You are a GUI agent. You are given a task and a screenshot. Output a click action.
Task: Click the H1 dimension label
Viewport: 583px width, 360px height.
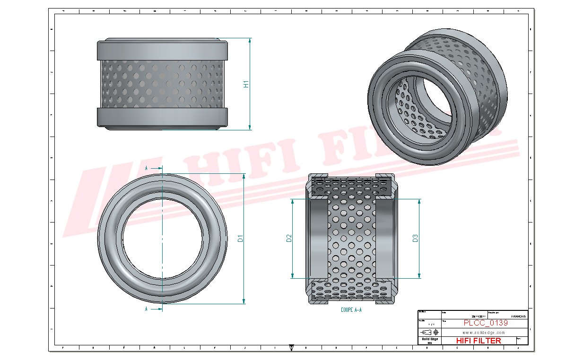click(x=246, y=84)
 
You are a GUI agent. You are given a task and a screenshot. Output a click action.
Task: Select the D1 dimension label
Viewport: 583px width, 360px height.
click(x=240, y=238)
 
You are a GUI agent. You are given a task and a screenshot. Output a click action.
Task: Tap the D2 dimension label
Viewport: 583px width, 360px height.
click(x=289, y=239)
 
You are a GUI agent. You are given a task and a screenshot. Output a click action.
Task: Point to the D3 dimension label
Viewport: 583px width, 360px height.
click(x=415, y=239)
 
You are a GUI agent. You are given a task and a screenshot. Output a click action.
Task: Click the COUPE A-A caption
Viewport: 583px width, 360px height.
click(x=351, y=310)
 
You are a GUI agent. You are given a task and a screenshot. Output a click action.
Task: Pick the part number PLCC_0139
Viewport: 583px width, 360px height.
click(x=485, y=323)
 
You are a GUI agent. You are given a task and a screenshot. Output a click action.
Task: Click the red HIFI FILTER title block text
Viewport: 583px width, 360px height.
click(x=478, y=341)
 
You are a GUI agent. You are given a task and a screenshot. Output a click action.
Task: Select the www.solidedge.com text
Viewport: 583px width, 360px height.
click(x=484, y=332)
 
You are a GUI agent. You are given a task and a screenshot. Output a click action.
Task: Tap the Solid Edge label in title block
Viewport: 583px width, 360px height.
click(x=429, y=339)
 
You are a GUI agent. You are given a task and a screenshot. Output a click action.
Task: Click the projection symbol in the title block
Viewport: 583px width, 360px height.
click(x=429, y=332)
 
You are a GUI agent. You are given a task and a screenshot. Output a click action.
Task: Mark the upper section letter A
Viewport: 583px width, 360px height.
click(x=147, y=168)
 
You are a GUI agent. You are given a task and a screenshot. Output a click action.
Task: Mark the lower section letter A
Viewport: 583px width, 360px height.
click(x=147, y=309)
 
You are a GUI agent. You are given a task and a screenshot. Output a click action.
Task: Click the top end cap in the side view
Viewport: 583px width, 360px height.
click(x=163, y=49)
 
